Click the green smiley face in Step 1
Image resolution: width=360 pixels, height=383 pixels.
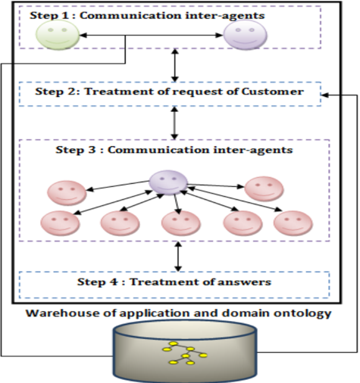pos(58,35)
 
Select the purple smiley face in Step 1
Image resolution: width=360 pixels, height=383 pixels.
pos(245,35)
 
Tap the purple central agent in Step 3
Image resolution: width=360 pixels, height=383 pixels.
pos(168,182)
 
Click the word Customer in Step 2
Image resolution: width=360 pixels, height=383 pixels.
pos(273,92)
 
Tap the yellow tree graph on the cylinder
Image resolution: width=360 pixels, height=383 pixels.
pos(185,353)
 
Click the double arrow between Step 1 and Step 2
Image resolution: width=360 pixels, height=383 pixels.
pos(174,65)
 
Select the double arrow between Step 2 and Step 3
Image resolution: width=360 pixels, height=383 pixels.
pos(174,123)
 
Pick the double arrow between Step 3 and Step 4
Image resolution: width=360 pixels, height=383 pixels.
pos(178,257)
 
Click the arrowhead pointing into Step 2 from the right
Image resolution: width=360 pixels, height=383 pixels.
pos(324,95)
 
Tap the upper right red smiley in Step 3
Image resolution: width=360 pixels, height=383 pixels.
pos(265,188)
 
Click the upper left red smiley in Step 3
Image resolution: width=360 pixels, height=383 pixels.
pos(67,193)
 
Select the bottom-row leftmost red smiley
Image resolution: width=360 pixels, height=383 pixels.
pos(60,223)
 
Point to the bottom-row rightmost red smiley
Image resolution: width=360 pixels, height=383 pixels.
pos(293,223)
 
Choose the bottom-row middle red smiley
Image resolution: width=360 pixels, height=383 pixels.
pos(181,223)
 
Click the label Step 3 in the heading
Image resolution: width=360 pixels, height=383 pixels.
pos(76,150)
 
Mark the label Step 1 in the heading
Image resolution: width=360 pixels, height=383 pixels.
pos(49,15)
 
